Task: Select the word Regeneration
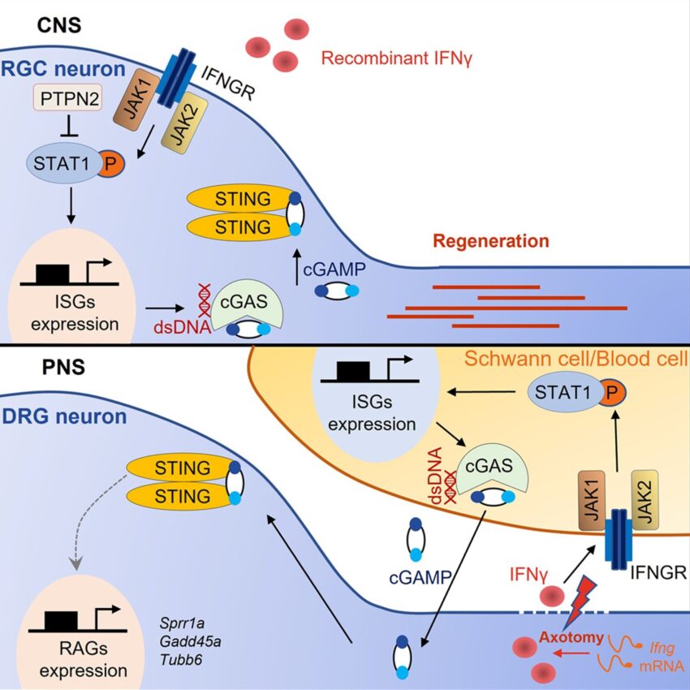click(490, 241)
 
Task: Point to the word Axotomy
click(573, 638)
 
